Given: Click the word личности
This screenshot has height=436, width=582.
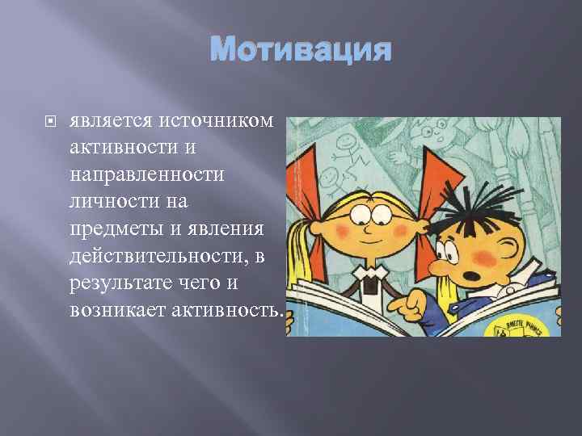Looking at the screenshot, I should [x=108, y=201].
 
